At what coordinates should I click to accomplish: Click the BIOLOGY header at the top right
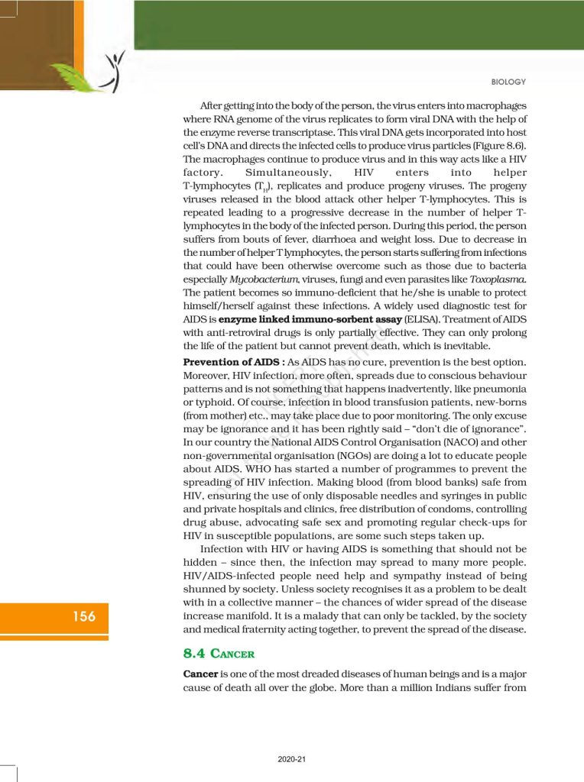coord(508,82)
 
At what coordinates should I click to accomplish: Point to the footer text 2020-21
coord(291,759)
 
